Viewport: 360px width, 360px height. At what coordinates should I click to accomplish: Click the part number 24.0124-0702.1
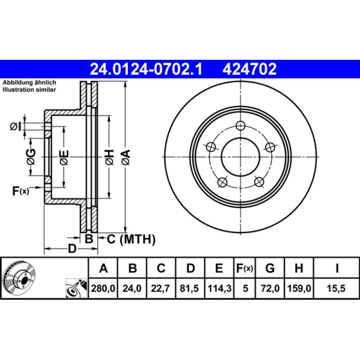(146, 69)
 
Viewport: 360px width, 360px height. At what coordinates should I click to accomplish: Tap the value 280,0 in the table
(103, 289)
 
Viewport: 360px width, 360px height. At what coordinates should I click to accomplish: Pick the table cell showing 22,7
(161, 289)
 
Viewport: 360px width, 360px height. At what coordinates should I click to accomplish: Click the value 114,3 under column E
(219, 289)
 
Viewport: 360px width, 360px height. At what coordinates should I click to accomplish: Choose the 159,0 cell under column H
(298, 289)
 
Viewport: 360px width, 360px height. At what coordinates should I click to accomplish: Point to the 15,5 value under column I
(337, 289)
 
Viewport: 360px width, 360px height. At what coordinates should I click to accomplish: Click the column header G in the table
(270, 269)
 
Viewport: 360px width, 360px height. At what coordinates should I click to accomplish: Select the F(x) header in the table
(245, 269)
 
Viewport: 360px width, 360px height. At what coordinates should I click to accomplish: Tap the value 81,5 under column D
(190, 289)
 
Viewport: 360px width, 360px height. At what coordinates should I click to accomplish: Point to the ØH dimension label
(108, 157)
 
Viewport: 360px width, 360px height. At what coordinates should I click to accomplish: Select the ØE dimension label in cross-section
(64, 157)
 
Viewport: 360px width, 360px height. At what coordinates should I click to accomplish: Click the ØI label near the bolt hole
(16, 127)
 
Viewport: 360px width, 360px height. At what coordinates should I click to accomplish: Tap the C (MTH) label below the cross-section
(130, 239)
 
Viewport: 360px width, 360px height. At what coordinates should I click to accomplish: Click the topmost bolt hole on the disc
(241, 126)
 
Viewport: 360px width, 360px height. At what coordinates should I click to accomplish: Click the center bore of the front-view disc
(241, 157)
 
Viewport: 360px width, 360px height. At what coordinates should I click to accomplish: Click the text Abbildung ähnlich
(29, 83)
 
